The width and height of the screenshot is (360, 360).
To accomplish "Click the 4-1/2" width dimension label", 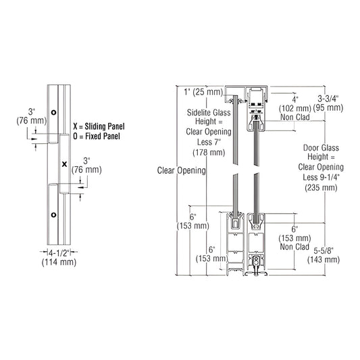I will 58,255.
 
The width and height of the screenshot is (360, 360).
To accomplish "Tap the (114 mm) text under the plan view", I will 58,264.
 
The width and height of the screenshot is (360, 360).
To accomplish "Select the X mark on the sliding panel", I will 63,163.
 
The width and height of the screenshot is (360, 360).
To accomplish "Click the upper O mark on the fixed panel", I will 54,111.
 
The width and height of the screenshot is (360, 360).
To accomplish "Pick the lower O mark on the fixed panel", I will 54,214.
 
